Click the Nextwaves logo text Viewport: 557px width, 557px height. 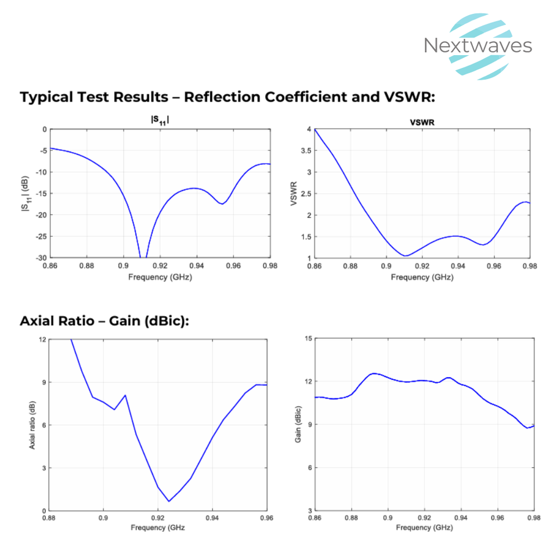point(478,45)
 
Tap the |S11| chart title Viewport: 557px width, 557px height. point(160,120)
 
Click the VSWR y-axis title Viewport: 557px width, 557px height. point(294,193)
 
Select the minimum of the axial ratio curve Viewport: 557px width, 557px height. point(169,501)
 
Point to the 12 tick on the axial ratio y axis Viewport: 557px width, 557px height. point(42,339)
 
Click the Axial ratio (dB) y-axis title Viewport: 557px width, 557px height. point(32,425)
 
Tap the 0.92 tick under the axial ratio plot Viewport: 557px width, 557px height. point(158,518)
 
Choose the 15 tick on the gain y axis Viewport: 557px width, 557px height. point(308,339)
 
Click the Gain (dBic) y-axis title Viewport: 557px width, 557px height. point(298,425)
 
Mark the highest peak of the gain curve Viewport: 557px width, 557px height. point(374,373)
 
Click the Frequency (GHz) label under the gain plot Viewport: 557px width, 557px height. point(424,527)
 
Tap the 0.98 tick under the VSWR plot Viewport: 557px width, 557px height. point(530,266)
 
